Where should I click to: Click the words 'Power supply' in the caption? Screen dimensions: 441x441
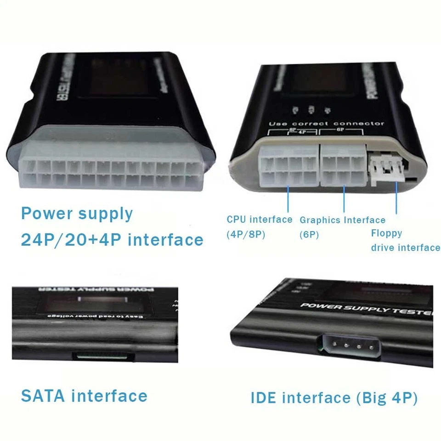(x=77, y=214)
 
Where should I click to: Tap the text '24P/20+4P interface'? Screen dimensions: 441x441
(x=112, y=240)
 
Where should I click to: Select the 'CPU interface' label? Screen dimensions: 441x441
(x=260, y=220)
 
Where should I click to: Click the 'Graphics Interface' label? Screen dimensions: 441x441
(x=343, y=220)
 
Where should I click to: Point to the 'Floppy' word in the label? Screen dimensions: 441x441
(x=386, y=233)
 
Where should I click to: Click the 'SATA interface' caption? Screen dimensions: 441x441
(x=84, y=396)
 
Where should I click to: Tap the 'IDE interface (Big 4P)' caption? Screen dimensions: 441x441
(x=334, y=398)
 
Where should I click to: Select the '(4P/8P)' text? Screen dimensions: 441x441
(x=246, y=234)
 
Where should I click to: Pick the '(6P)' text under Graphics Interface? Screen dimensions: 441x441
(x=310, y=235)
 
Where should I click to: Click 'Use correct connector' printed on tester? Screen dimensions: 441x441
(x=326, y=124)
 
